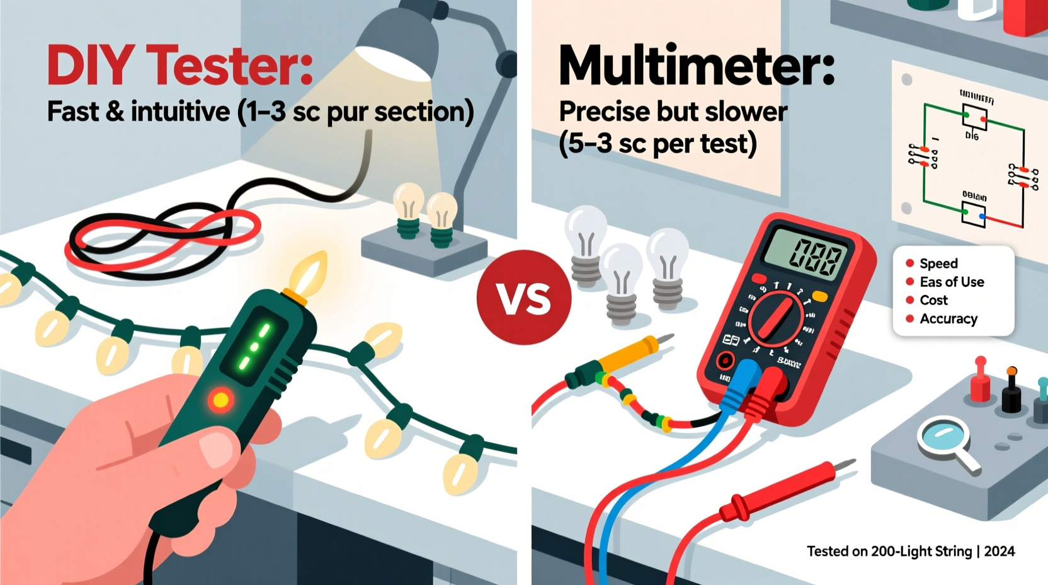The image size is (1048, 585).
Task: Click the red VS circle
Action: pos(524,298)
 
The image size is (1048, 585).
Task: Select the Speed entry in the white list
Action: pos(938,264)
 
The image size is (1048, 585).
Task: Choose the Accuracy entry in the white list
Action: pos(948,319)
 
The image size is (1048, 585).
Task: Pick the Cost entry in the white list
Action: pos(933,300)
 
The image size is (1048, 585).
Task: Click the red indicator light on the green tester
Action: pos(220,400)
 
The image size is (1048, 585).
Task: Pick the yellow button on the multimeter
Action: pos(819,296)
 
